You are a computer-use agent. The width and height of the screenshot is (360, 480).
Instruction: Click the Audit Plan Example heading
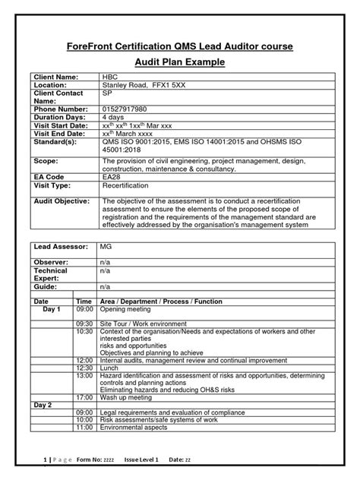(x=179, y=64)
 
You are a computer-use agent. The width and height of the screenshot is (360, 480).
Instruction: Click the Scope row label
(x=46, y=161)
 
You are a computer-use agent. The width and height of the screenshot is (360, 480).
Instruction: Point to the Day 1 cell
(x=51, y=310)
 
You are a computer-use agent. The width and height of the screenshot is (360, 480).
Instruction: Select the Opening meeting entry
(x=125, y=310)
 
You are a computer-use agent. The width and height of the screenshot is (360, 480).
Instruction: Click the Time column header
(x=84, y=302)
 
